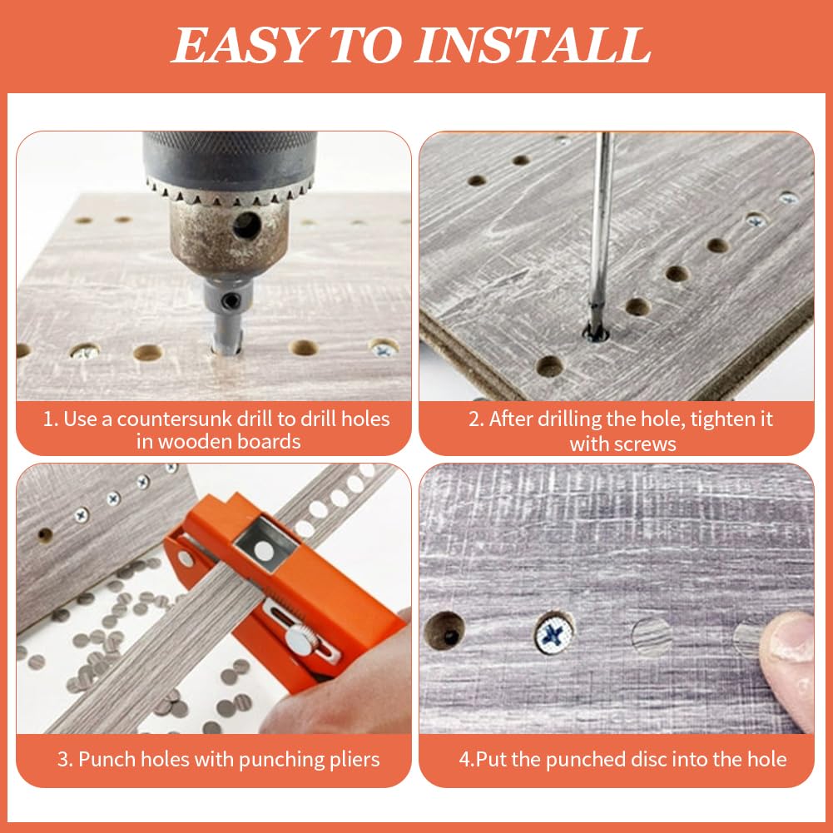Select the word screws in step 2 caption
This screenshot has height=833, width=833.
point(645,444)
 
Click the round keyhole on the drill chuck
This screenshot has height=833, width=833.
point(245,225)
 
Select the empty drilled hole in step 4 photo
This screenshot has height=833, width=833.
point(444,632)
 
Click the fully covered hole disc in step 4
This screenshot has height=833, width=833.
point(652,637)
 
